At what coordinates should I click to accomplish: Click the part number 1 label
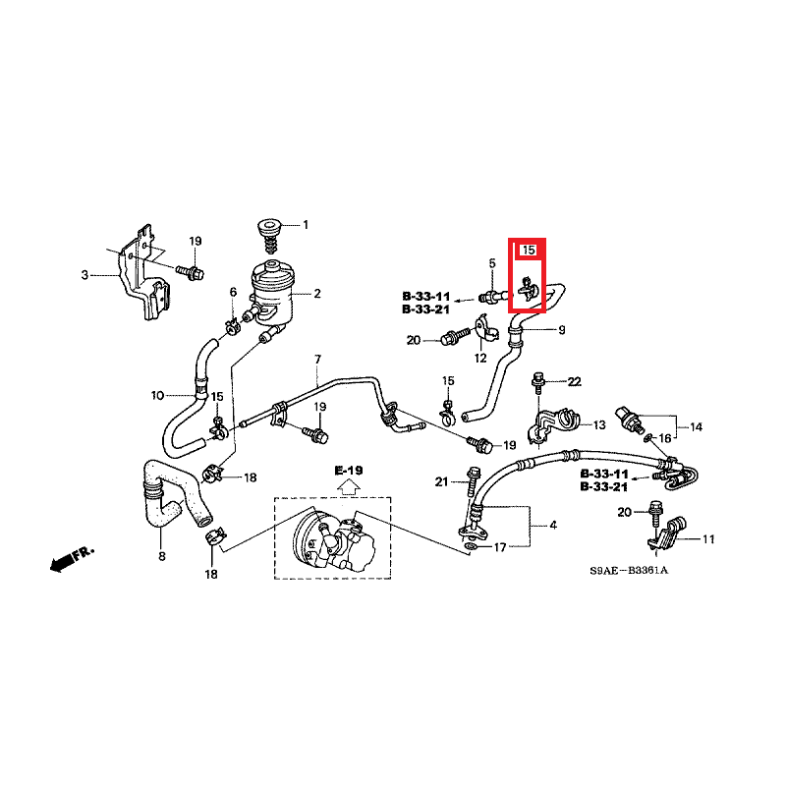tap(305, 225)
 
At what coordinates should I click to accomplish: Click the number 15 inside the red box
tap(528, 251)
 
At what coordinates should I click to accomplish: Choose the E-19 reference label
tap(349, 472)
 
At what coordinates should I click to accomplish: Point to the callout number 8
tap(162, 557)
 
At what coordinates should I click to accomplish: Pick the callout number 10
tap(157, 396)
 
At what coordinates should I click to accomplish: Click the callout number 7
tap(318, 359)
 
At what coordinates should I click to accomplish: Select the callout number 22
tap(576, 381)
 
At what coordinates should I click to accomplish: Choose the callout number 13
tap(598, 425)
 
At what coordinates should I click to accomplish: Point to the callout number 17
tap(500, 547)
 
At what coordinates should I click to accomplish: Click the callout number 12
tap(480, 359)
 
